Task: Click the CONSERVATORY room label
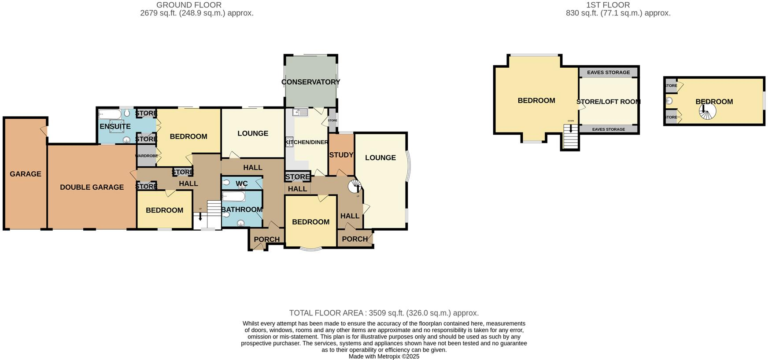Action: coord(310,82)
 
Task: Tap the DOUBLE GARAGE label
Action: coord(92,187)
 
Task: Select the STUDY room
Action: coord(341,155)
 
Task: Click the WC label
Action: coord(241,184)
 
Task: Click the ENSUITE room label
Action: coord(115,126)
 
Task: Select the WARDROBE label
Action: coord(146,156)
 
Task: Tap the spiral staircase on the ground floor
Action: coord(355,187)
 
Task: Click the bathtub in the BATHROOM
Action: coord(233,196)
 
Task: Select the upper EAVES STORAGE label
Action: coord(608,73)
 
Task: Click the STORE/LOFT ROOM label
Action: coord(608,102)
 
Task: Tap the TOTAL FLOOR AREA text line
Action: coord(384,313)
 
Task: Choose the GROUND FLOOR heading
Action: coord(188,5)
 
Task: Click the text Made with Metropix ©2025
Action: coord(384,356)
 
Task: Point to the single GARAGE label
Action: coord(26,174)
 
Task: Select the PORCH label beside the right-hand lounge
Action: coord(354,239)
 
